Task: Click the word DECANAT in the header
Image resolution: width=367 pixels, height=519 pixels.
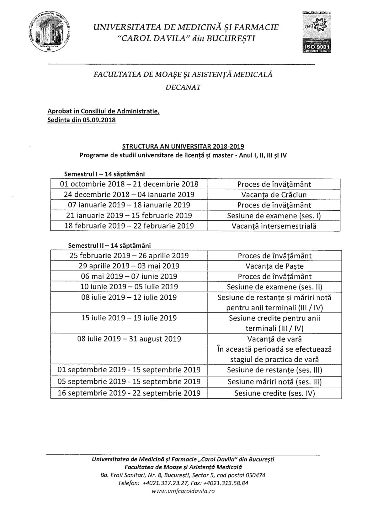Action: (183, 87)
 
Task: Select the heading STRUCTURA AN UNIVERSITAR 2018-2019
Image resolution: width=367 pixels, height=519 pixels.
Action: (183, 146)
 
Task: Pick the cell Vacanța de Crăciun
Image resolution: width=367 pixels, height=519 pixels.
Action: (274, 195)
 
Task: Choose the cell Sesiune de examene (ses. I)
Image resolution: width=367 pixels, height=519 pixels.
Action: (274, 216)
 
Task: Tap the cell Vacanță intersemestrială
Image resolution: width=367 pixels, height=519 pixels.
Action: (274, 226)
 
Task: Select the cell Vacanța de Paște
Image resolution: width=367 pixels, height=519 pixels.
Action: (274, 266)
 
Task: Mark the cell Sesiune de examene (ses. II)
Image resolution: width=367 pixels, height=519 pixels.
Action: (274, 287)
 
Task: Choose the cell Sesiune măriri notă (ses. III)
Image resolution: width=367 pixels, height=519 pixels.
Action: (274, 381)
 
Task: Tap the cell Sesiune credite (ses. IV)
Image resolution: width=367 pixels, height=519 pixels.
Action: (274, 393)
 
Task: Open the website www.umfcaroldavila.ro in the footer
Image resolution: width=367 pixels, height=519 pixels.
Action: (183, 491)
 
